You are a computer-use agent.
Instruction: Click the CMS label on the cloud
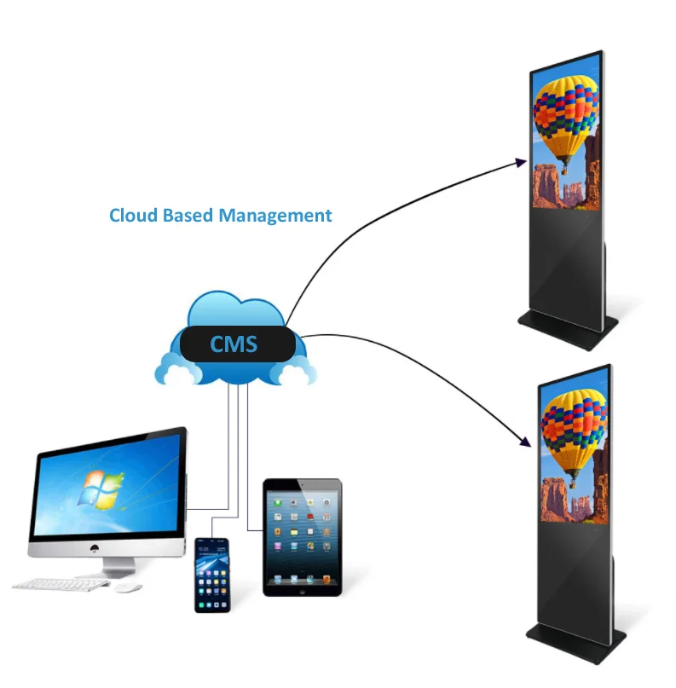point(234,345)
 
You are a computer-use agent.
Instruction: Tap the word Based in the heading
point(188,216)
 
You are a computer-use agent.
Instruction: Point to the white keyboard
point(61,585)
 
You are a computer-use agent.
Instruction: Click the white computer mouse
point(128,588)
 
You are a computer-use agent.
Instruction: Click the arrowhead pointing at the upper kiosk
point(521,161)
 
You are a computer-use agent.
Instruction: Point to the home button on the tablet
point(303,587)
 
